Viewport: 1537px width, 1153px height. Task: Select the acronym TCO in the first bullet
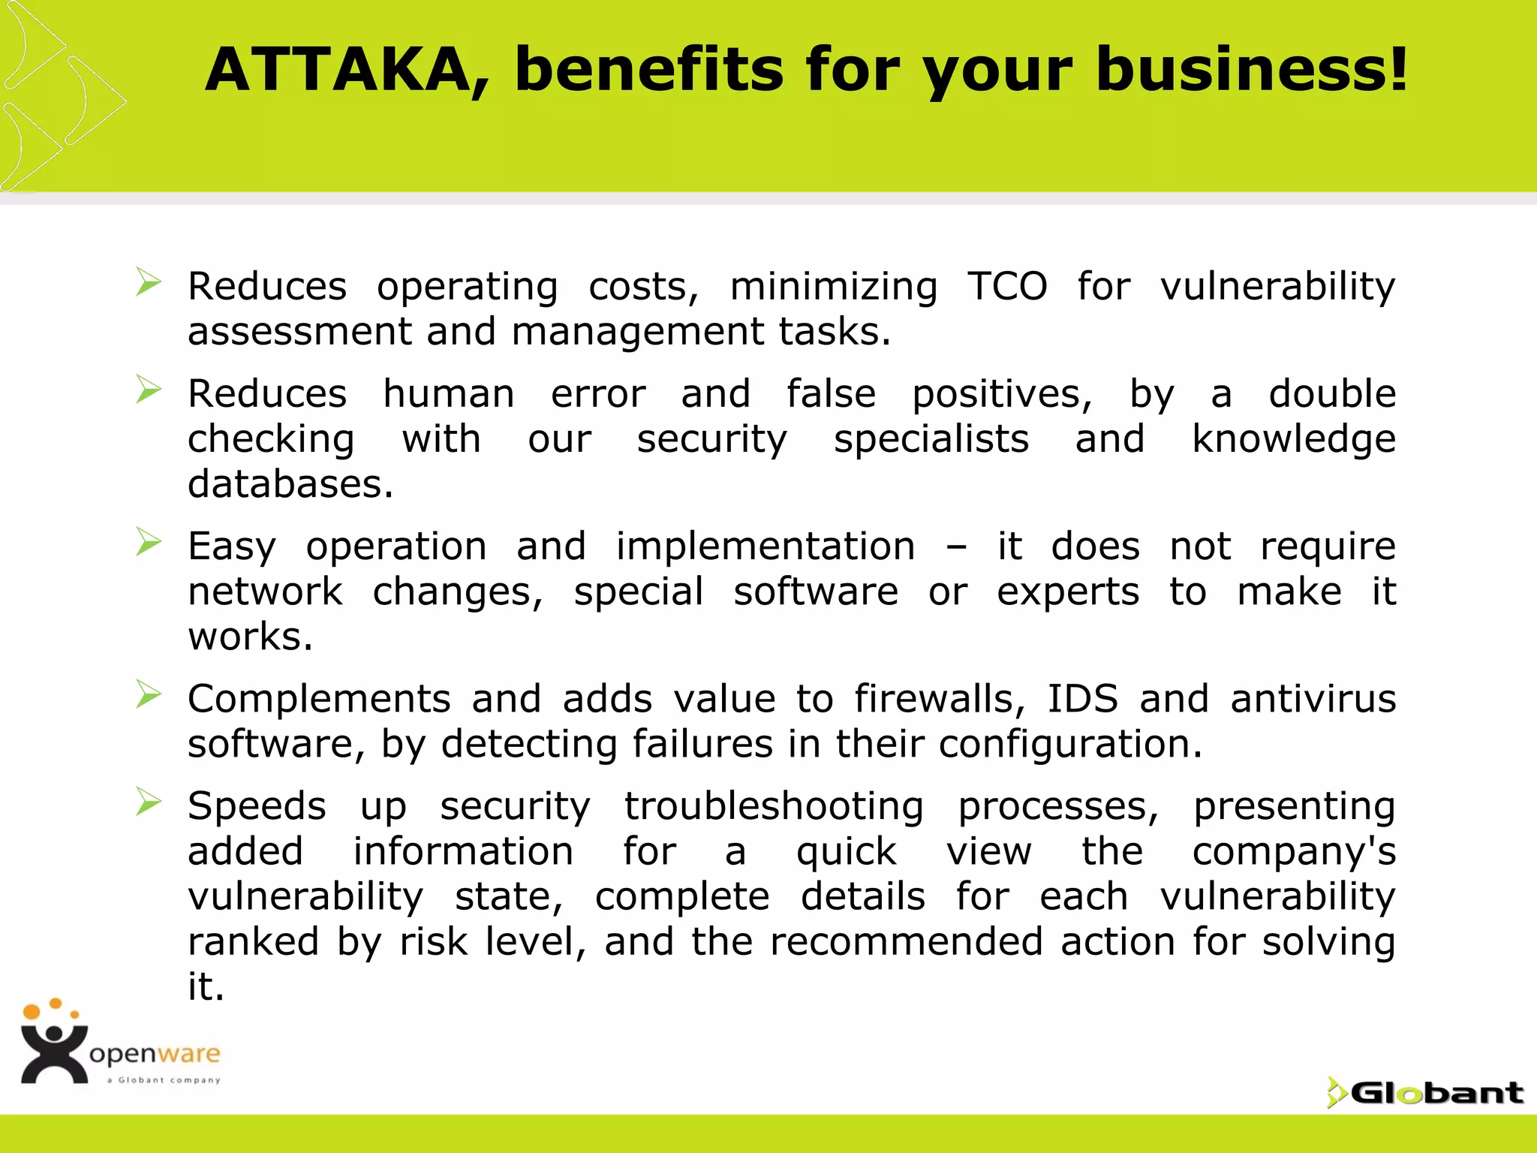coord(1006,286)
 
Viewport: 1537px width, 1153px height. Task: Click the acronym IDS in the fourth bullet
coord(1081,699)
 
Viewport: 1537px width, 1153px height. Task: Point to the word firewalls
coord(939,699)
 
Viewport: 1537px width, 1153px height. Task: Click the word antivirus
coord(1313,699)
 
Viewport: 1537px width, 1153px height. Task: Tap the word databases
coord(290,484)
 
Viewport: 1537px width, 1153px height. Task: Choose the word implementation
coord(765,546)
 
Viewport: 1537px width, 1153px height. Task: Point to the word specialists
coord(931,439)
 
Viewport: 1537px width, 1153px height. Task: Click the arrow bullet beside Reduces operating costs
coord(149,282)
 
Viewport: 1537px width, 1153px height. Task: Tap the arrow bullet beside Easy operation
coord(149,542)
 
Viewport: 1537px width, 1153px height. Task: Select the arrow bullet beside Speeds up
coord(149,802)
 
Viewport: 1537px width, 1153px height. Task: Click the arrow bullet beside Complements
coord(149,695)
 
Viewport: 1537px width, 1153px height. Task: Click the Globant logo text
coord(1436,1093)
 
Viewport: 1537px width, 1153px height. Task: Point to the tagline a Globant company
coord(164,1080)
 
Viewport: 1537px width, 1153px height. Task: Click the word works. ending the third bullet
coord(250,637)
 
